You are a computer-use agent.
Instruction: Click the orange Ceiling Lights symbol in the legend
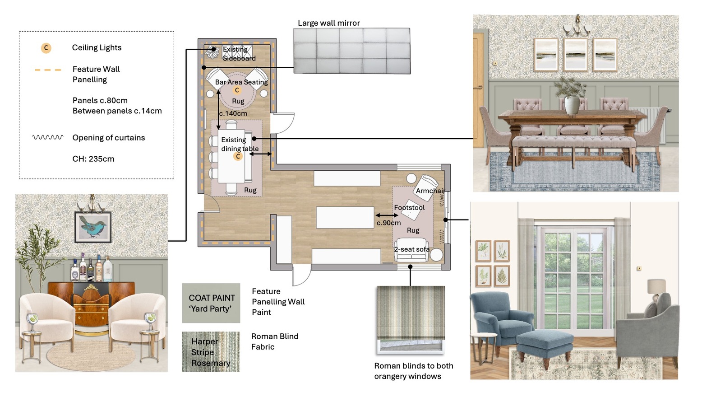pyautogui.click(x=46, y=48)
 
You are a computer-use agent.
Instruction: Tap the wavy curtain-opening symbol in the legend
pyautogui.click(x=48, y=137)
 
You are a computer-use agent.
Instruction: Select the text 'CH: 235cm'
pyautogui.click(x=93, y=159)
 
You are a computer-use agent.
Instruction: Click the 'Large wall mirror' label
pyautogui.click(x=329, y=23)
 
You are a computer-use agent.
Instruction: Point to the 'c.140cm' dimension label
pyautogui.click(x=233, y=113)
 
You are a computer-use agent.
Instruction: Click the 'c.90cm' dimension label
pyautogui.click(x=388, y=223)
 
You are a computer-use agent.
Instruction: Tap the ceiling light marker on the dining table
pyautogui.click(x=238, y=156)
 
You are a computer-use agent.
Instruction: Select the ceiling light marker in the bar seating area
pyautogui.click(x=237, y=90)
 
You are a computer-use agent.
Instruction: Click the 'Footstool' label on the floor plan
pyautogui.click(x=409, y=207)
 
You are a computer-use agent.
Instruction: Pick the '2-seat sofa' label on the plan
pyautogui.click(x=412, y=249)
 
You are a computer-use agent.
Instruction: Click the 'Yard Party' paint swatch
pyautogui.click(x=211, y=303)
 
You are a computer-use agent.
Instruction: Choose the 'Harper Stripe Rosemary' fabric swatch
pyautogui.click(x=211, y=352)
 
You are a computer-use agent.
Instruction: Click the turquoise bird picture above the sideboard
pyautogui.click(x=93, y=227)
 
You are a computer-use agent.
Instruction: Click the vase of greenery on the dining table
pyautogui.click(x=572, y=95)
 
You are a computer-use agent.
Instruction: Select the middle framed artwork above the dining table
pyautogui.click(x=575, y=55)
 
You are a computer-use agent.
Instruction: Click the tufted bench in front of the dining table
pyautogui.click(x=573, y=148)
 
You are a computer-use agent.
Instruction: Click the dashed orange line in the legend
pyautogui.click(x=48, y=70)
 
